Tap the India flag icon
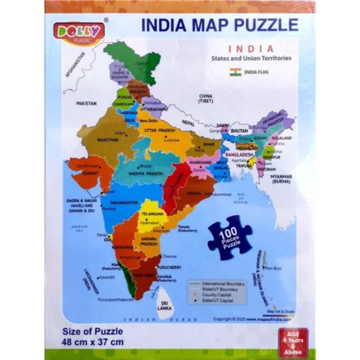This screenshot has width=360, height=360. pos(235,72)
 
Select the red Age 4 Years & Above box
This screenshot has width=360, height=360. pos(293,342)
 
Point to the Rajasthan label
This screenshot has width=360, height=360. pos(107,139)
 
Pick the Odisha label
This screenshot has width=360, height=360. pos(194,193)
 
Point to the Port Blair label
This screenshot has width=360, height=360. pos(273,268)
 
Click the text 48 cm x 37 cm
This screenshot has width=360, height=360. pos(93,343)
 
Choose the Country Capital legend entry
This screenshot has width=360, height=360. pos(218,295)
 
